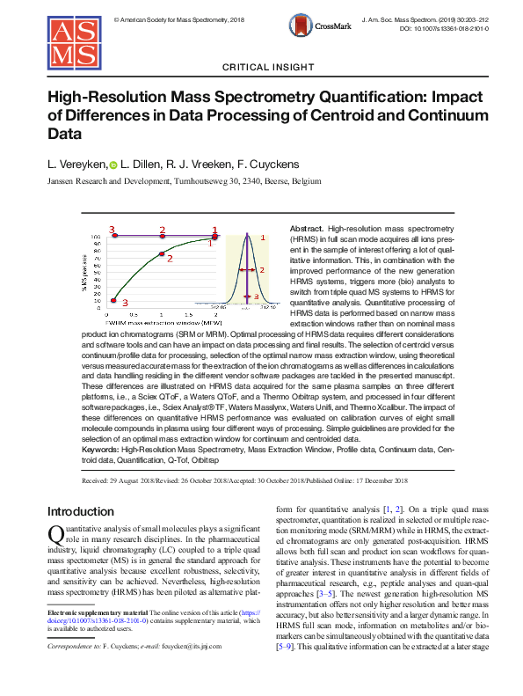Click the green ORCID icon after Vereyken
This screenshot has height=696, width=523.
pos(113,165)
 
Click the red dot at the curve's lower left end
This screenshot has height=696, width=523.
pos(113,301)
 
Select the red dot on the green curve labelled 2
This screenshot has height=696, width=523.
pos(162,254)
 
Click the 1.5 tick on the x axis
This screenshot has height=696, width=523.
pos(189,313)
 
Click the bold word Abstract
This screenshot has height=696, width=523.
pos(306,228)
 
